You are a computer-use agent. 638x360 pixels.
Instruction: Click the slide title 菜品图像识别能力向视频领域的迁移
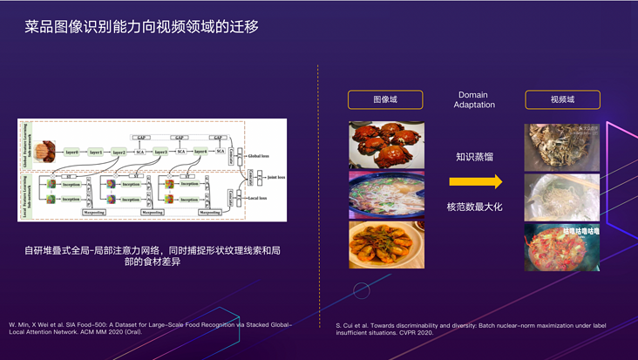point(141,27)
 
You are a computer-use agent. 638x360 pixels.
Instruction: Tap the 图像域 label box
point(385,99)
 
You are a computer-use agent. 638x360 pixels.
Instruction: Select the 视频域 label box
point(562,99)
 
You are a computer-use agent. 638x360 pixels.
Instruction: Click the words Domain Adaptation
point(473,99)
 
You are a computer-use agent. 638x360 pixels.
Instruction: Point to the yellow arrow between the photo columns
point(475,182)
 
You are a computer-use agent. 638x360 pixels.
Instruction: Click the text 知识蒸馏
point(474,157)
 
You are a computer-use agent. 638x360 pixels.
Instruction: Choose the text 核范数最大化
point(474,207)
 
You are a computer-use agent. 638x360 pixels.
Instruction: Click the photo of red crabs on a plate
point(386,144)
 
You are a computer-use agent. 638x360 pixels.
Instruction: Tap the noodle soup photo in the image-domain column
point(386,194)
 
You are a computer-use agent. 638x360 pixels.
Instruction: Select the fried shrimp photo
point(386,244)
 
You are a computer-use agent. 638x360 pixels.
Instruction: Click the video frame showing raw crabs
point(561,146)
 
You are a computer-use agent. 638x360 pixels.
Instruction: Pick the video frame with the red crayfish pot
point(561,248)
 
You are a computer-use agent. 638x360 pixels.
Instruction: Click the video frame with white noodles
point(561,197)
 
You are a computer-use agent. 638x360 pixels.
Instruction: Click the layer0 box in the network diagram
point(71,152)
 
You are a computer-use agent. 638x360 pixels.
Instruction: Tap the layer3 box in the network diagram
point(159,152)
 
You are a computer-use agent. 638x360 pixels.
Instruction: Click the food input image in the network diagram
point(44,152)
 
